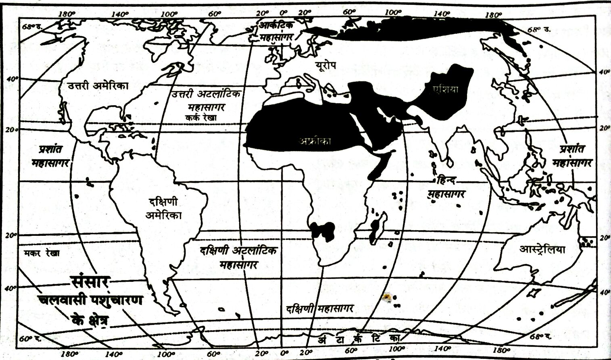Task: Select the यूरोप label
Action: [326, 65]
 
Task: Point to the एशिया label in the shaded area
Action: [444, 89]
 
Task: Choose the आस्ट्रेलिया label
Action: [542, 249]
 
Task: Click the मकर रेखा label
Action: [42, 253]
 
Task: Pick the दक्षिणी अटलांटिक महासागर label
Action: [238, 257]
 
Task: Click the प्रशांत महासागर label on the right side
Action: [572, 156]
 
